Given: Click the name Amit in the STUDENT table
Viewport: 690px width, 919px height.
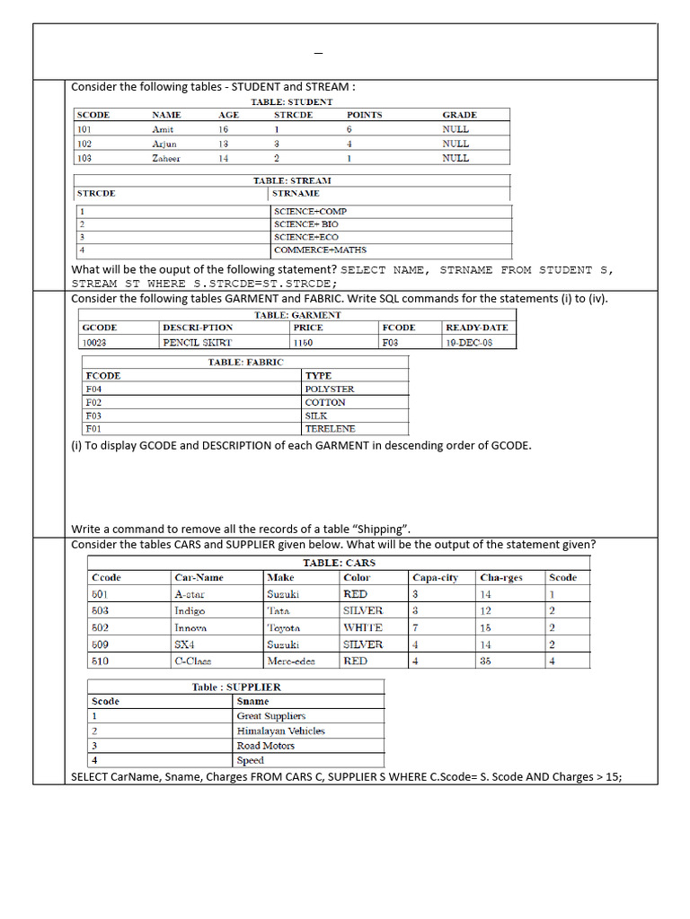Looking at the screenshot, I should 163,129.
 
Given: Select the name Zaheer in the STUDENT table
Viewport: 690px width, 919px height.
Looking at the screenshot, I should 166,159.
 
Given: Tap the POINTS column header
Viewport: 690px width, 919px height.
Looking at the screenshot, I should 364,115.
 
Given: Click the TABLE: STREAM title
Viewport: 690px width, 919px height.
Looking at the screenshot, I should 292,180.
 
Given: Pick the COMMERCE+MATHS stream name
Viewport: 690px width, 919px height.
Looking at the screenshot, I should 320,250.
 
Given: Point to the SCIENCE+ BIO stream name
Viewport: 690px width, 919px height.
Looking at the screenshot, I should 306,224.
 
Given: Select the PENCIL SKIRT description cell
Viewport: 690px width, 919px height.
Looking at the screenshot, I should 197,342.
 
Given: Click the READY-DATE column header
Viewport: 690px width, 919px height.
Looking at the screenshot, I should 476,328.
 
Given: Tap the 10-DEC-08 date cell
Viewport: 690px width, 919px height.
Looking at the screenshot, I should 469,342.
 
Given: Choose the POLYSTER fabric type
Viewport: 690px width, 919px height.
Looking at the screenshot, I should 330,389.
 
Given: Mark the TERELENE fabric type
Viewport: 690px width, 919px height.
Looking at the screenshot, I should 330,429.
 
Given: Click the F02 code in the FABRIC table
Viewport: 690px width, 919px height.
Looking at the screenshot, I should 93,403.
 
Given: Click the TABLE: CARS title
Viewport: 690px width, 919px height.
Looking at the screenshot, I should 339,563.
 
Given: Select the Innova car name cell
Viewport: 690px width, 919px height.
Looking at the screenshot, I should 190,628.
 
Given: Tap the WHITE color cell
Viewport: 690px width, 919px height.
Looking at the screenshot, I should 362,628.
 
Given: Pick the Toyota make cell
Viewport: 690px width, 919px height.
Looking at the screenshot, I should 284,628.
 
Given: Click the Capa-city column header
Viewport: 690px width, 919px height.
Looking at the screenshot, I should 435,578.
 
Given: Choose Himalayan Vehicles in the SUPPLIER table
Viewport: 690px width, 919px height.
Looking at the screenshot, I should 280,731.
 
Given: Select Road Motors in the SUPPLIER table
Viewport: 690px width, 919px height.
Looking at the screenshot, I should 265,746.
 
